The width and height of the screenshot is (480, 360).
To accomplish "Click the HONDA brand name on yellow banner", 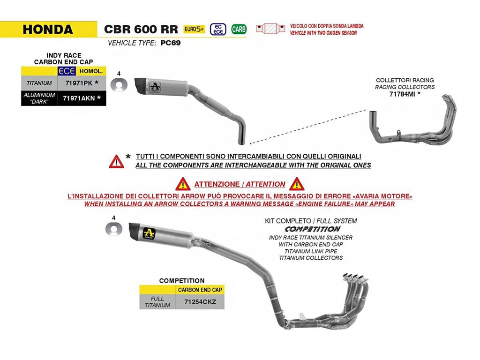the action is coord(48,30).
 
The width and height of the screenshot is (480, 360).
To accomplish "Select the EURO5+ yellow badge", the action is coord(194,29).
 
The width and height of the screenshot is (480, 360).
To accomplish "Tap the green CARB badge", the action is coord(239,29).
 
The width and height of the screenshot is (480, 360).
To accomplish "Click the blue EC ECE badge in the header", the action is coord(218,30).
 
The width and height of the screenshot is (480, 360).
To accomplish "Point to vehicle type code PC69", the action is coord(171,43).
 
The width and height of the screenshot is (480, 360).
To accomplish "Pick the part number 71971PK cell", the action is coord(82,83).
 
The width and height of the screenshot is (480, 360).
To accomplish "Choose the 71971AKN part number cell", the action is coord(82,98).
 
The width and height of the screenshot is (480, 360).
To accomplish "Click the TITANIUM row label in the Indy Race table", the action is coord(39,83).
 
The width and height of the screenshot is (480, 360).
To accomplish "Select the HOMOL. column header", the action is coord(91,71).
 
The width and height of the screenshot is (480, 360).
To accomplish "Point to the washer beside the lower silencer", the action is coord(113,229).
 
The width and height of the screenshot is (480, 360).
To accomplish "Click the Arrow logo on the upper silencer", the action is coord(155,87).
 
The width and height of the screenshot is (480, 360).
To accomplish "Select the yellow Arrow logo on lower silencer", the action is coord(149,233).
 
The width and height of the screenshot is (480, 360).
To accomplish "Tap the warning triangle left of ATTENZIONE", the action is coord(183,184).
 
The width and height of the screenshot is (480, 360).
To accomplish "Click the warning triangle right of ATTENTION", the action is coord(297,184).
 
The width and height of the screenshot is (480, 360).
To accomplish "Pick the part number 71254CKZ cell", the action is coord(200,302).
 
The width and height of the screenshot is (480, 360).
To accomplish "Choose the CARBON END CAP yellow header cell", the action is coord(200,290).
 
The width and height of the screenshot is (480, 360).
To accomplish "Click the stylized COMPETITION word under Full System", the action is coord(312,229).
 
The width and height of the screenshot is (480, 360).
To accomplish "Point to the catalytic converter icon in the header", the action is coord(270,29).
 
